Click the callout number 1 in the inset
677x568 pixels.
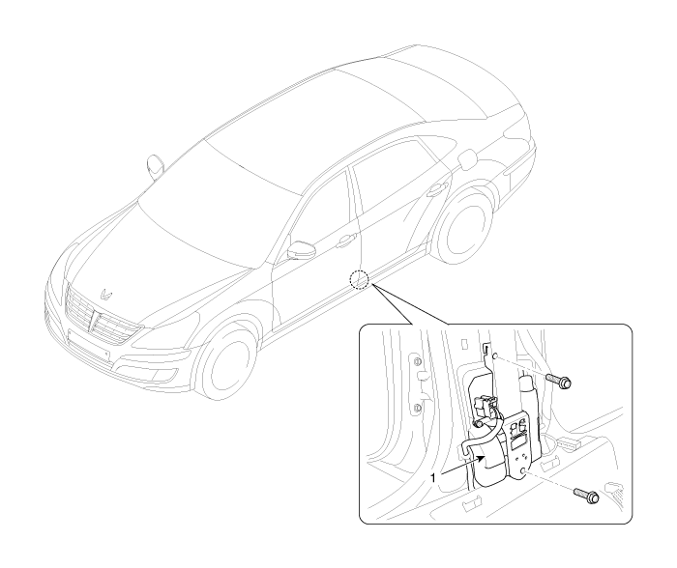tap(434, 478)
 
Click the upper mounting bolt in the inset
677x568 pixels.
tap(559, 381)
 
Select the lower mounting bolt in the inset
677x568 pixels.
tap(586, 495)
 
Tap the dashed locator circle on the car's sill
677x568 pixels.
tap(359, 279)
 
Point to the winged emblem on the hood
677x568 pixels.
tap(105, 294)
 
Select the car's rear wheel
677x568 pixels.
tap(464, 226)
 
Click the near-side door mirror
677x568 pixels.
tap(299, 250)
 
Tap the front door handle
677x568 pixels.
tap(346, 241)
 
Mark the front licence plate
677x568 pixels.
tap(89, 345)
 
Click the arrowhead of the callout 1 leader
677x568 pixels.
tap(479, 460)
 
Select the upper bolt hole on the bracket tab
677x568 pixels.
tap(495, 355)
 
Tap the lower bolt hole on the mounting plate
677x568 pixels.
tap(523, 470)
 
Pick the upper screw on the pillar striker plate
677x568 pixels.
tap(417, 361)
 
